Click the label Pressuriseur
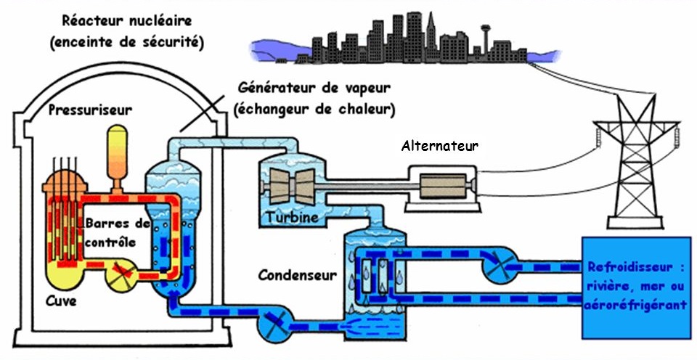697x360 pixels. click(x=90, y=110)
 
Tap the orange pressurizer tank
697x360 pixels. click(x=116, y=152)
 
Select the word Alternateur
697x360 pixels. click(x=440, y=146)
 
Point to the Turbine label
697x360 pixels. click(x=291, y=218)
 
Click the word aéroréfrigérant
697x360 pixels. click(x=635, y=306)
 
